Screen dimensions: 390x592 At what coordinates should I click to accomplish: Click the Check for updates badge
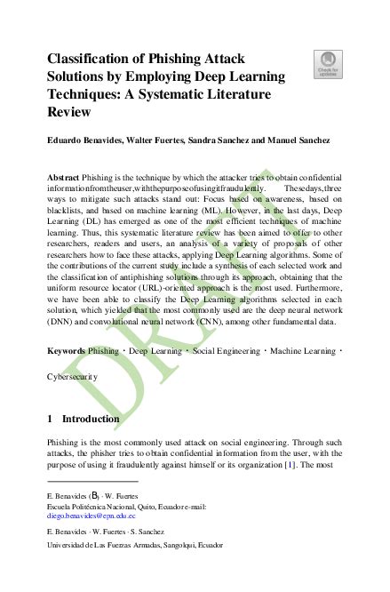point(329,63)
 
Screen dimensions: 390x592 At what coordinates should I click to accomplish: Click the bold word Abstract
point(65,179)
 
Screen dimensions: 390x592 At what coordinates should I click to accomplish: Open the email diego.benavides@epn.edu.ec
point(92,516)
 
